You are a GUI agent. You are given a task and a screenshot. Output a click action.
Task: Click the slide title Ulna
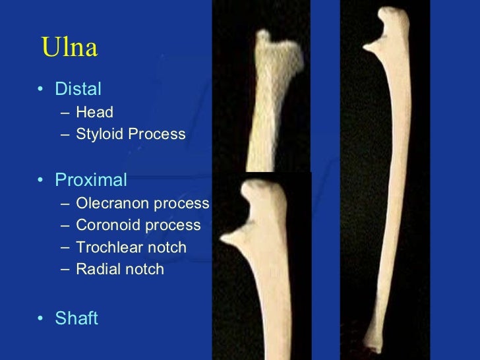tap(69, 47)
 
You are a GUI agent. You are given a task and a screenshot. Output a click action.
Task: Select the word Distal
tap(78, 88)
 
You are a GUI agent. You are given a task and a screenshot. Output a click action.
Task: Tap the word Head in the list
tap(94, 112)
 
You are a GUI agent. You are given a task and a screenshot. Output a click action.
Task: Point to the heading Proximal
tap(91, 179)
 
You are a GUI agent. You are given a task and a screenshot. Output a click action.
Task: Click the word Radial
tap(96, 270)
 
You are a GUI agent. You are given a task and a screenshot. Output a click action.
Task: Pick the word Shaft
tap(76, 318)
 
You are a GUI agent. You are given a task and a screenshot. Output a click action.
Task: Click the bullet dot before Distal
tap(42, 89)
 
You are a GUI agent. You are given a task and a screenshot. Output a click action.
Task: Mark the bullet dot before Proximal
tap(42, 180)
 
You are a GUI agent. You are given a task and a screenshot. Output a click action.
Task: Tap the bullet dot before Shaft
tap(42, 319)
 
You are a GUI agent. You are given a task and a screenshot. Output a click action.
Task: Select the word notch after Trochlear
tap(169, 247)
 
